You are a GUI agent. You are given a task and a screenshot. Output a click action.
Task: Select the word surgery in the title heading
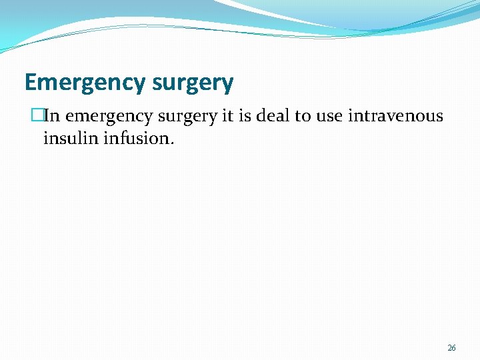point(193,83)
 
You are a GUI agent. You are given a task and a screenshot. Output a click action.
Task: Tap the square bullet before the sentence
point(36,116)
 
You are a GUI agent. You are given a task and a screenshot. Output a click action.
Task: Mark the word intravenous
point(395,116)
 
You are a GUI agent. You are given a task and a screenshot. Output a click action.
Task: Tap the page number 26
point(451,348)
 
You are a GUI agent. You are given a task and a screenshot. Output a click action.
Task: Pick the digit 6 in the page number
point(454,348)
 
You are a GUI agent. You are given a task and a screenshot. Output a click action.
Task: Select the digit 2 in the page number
point(449,348)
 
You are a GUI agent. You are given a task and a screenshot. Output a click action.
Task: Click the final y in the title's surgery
point(227,85)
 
